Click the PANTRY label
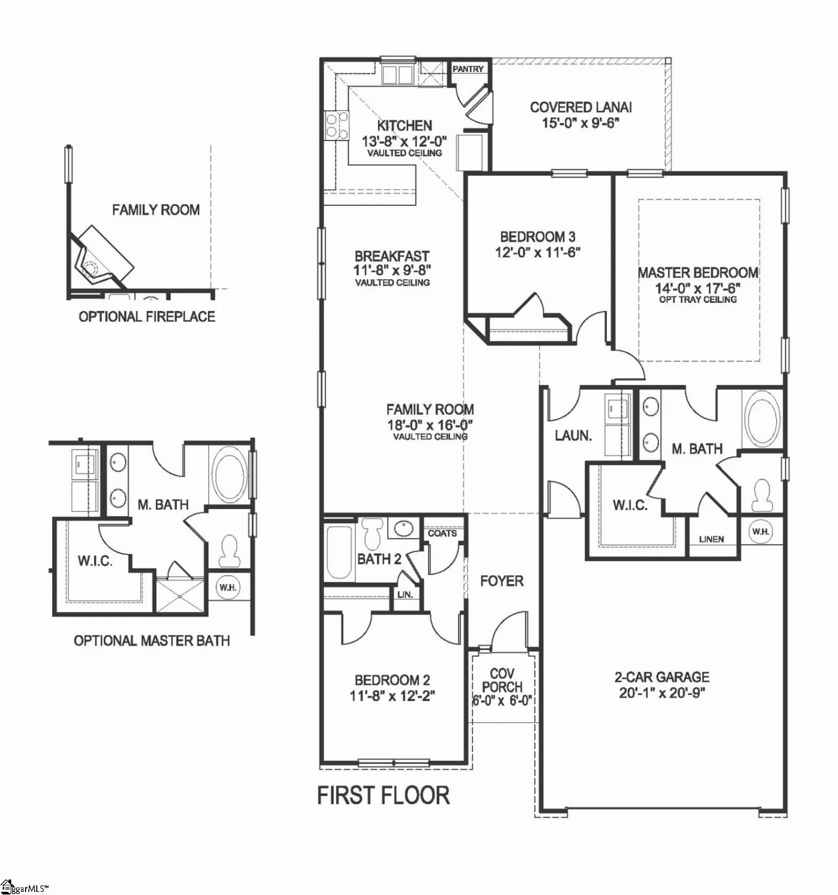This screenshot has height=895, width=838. (468, 69)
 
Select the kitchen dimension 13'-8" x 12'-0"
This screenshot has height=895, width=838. (404, 142)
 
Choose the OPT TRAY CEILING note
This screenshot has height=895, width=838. (698, 300)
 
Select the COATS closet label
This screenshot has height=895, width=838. (442, 533)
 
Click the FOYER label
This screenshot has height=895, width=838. (502, 580)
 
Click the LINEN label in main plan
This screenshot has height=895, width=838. (711, 539)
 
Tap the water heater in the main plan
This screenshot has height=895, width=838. (760, 531)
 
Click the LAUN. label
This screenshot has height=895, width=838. (573, 436)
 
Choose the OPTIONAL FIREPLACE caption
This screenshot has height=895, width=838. (147, 317)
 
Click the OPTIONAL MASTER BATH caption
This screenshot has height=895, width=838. (151, 640)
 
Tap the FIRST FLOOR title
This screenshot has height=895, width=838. (383, 795)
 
